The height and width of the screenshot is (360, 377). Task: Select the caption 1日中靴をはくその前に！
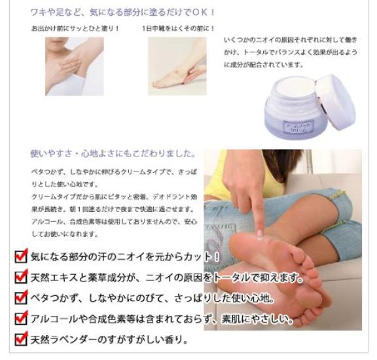(x=170, y=29)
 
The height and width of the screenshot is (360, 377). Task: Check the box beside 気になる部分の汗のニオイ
(x=22, y=256)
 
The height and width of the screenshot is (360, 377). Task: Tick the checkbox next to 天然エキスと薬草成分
(x=22, y=278)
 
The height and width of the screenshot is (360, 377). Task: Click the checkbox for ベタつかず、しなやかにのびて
(x=22, y=298)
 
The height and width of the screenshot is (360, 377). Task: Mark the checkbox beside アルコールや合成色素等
(x=22, y=319)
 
